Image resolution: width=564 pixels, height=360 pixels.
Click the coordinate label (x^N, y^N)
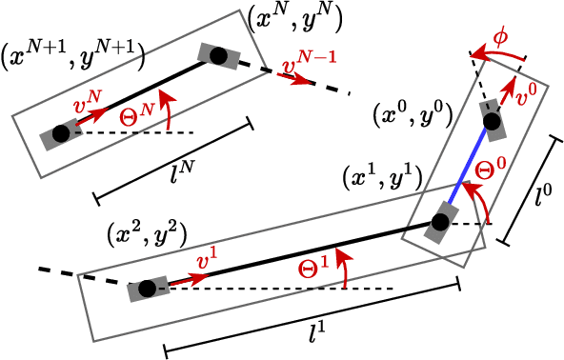tap(294, 17)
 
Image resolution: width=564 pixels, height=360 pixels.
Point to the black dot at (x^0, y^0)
tap(491, 122)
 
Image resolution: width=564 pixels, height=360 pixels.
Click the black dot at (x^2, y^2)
tap(146, 289)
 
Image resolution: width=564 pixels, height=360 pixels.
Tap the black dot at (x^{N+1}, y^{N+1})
tap(61, 134)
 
